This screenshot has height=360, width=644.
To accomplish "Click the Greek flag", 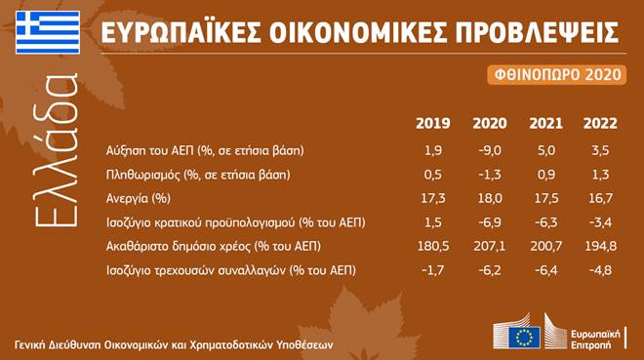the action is pos(48,32).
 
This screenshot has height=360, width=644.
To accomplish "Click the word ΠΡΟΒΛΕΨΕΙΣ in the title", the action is pos(537,32).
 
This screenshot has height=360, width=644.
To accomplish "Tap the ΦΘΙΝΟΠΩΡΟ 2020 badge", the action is pos(557,75).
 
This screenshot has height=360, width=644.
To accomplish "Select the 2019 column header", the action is pos(433,123).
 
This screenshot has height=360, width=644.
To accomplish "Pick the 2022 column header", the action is pos(600,123).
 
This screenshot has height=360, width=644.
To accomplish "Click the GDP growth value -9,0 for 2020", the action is pos(490,150).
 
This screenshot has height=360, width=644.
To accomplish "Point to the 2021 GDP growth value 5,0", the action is pos(546,150).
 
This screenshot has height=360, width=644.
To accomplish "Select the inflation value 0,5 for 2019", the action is pos(433,175).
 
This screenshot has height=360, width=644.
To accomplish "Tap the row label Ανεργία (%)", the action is pos(139,199).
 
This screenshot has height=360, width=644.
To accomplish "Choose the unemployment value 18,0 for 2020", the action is pos(490,198).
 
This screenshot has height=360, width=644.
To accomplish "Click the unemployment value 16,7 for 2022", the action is pos(600,198).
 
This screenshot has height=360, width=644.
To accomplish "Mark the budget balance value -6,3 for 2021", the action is pos(546,222).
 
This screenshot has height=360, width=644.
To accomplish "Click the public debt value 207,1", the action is pos(490,246).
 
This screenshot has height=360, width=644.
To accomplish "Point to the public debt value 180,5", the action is pos(433,246).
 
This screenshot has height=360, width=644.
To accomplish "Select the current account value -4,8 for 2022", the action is pos(600,270).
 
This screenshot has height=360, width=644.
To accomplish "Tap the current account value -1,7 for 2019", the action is pos(433,270).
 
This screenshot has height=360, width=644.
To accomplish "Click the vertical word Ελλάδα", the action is pos(57,150).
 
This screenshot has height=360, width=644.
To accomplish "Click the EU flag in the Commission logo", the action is pos(524,338).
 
